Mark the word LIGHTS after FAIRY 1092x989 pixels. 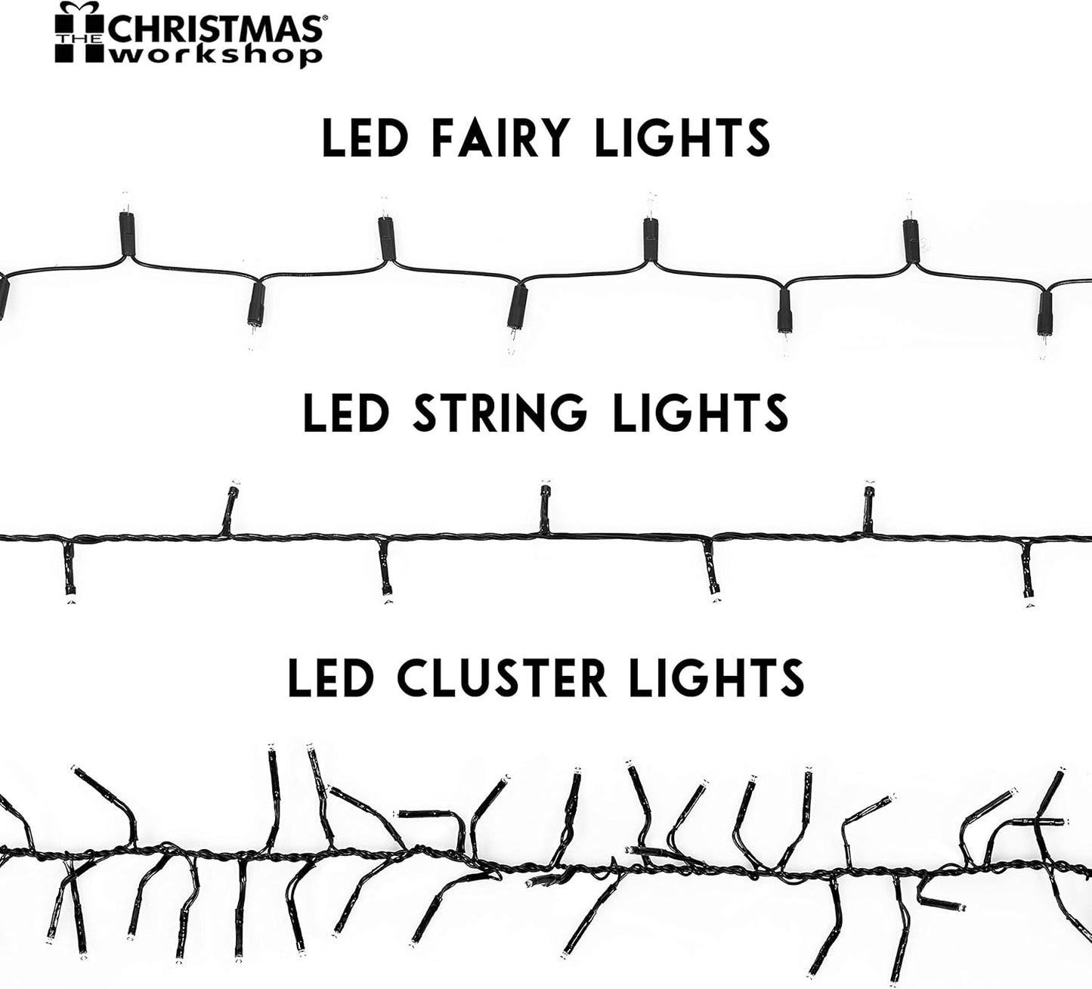682,138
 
